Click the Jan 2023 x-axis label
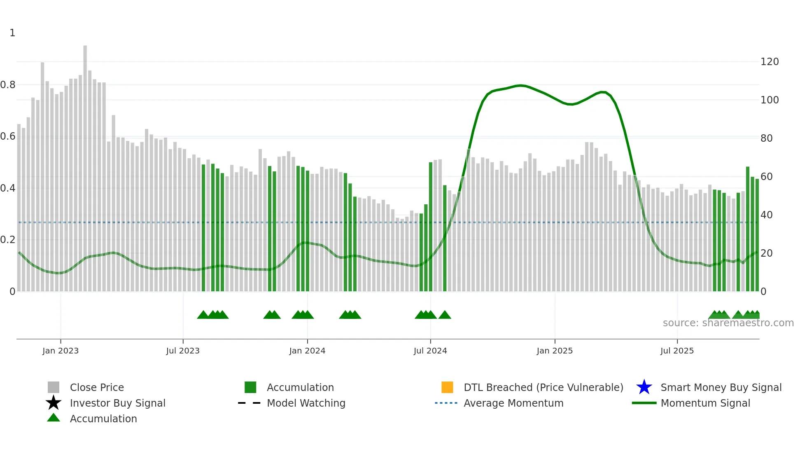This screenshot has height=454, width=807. click(x=60, y=351)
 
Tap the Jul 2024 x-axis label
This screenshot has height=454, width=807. click(x=430, y=351)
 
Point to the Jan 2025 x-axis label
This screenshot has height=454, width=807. click(x=554, y=351)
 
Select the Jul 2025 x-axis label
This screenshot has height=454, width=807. click(x=676, y=351)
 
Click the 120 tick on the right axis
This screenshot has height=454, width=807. click(x=769, y=62)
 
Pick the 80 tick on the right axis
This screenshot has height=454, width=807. click(x=766, y=138)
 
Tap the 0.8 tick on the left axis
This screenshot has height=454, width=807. click(x=8, y=85)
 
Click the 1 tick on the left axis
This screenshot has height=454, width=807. click(x=12, y=33)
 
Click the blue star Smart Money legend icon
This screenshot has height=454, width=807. click(x=644, y=387)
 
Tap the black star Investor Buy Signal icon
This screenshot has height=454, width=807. click(x=54, y=403)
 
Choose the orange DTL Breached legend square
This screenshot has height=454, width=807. click(x=447, y=387)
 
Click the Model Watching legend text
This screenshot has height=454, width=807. click(x=306, y=403)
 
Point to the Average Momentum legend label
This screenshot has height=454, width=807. click(x=513, y=403)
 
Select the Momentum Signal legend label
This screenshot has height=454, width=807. click(x=705, y=403)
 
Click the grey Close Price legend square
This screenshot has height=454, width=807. click(x=54, y=387)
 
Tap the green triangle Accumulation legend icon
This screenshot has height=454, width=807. click(x=54, y=418)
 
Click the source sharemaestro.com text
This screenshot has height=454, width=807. click(x=728, y=323)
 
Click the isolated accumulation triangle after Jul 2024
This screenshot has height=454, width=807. click(x=445, y=315)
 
